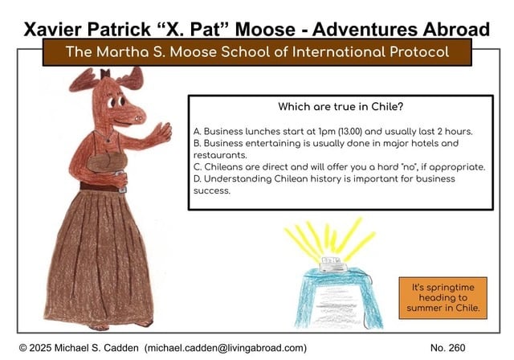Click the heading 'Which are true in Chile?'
[x=340, y=106]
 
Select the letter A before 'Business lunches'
[x=197, y=131]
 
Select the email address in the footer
[x=226, y=347]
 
